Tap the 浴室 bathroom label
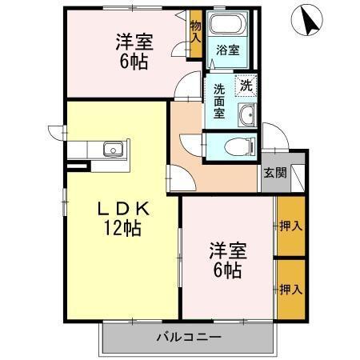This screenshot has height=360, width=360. pyautogui.click(x=227, y=50)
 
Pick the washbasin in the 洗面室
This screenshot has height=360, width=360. pyautogui.click(x=246, y=114)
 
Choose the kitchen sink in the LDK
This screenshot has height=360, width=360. pyautogui.click(x=113, y=149)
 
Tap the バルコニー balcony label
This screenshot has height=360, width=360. pyautogui.click(x=188, y=338)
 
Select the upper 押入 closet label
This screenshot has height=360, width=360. pyautogui.click(x=290, y=226)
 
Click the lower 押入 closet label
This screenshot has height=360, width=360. pyautogui.click(x=290, y=287)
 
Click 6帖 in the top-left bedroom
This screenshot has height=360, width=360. pyautogui.click(x=132, y=62)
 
